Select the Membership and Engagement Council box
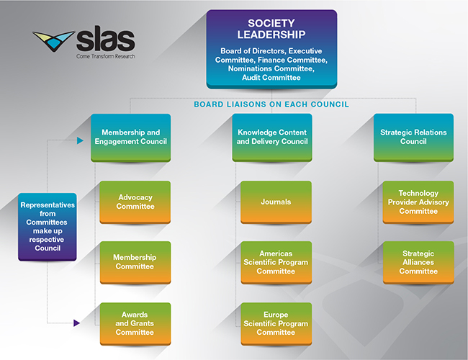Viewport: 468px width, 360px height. tap(131, 137)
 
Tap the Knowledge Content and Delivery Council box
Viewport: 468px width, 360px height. tap(271, 137)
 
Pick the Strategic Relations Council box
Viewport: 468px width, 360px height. tap(413, 137)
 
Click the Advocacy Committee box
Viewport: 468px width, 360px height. tap(135, 202)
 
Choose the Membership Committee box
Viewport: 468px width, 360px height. tap(135, 262)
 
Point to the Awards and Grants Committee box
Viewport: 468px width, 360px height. tap(135, 323)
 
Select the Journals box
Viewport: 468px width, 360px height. tap(276, 202)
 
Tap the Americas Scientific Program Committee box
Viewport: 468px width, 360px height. tap(276, 262)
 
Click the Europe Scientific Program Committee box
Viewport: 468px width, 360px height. tap(276, 323)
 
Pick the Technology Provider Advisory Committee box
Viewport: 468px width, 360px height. tap(418, 202)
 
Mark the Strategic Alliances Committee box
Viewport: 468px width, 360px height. tap(418, 262)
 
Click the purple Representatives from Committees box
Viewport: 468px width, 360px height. tap(46, 226)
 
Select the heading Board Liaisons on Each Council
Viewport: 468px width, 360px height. tap(271, 104)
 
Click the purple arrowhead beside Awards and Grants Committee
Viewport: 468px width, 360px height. tap(76, 323)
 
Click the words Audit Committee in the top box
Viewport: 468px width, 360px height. tap(271, 78)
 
